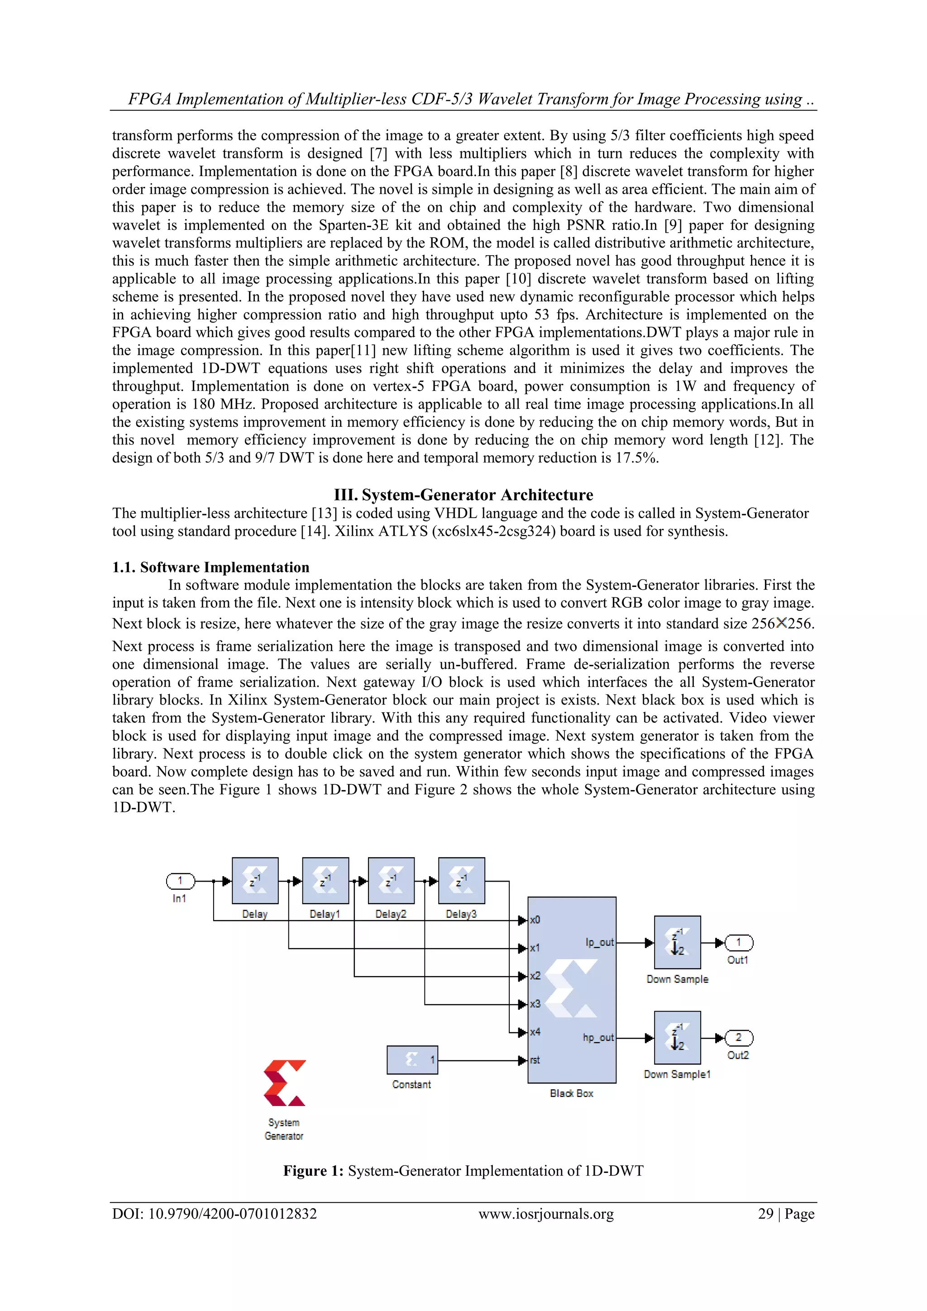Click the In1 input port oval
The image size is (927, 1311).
tap(180, 881)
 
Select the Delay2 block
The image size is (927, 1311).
tap(391, 881)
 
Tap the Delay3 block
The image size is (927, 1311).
tap(462, 881)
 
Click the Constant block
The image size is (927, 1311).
tap(412, 1060)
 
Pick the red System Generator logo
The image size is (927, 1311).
tap(284, 1083)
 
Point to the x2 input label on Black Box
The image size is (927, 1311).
tap(535, 976)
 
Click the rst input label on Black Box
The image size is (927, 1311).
tap(535, 1060)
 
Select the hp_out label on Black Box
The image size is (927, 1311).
tap(598, 1037)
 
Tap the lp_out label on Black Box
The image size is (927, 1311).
tap(599, 942)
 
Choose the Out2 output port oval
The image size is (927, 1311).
tap(739, 1038)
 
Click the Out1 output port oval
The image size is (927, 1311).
tap(739, 942)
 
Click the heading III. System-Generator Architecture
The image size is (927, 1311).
tap(463, 495)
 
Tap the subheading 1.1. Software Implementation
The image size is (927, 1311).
tap(211, 567)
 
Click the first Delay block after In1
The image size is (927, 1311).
tap(255, 881)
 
